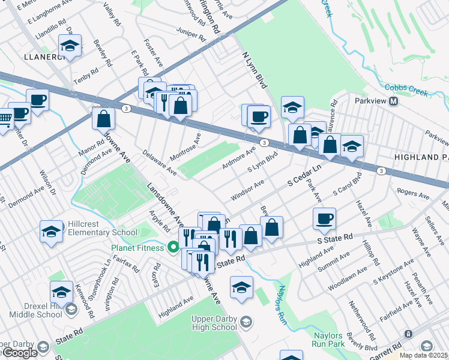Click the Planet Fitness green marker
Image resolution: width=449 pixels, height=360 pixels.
(x=174, y=247)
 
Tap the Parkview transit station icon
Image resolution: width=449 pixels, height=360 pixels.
(x=394, y=101)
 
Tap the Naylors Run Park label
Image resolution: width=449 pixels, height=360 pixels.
(x=328, y=340)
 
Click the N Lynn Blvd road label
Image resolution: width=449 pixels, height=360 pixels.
(x=253, y=70)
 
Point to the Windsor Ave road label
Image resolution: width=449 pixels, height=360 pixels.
(x=247, y=192)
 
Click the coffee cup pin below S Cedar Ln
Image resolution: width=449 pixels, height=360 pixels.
(x=324, y=220)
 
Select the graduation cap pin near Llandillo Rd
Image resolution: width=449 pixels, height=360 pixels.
(x=70, y=46)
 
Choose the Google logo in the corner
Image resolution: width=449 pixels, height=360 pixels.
(x=19, y=353)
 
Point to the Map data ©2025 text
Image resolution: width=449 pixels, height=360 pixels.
(x=424, y=355)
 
